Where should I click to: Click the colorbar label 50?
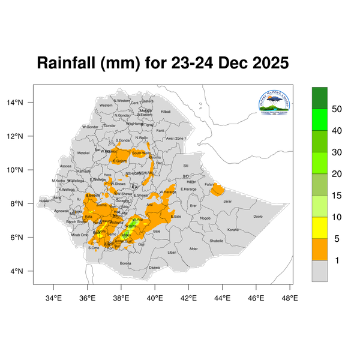click(x=337, y=109)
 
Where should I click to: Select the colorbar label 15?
click(x=337, y=196)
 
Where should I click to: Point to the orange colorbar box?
click(x=320, y=248)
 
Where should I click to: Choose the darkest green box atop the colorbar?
click(x=320, y=97)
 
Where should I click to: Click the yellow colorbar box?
click(x=320, y=227)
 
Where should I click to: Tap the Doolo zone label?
click(x=258, y=217)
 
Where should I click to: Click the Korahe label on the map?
click(x=233, y=229)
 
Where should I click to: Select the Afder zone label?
click(x=193, y=248)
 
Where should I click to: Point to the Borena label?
click(x=125, y=263)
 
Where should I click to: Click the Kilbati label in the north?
click(x=166, y=112)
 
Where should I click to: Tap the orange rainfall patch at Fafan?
click(x=217, y=191)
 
